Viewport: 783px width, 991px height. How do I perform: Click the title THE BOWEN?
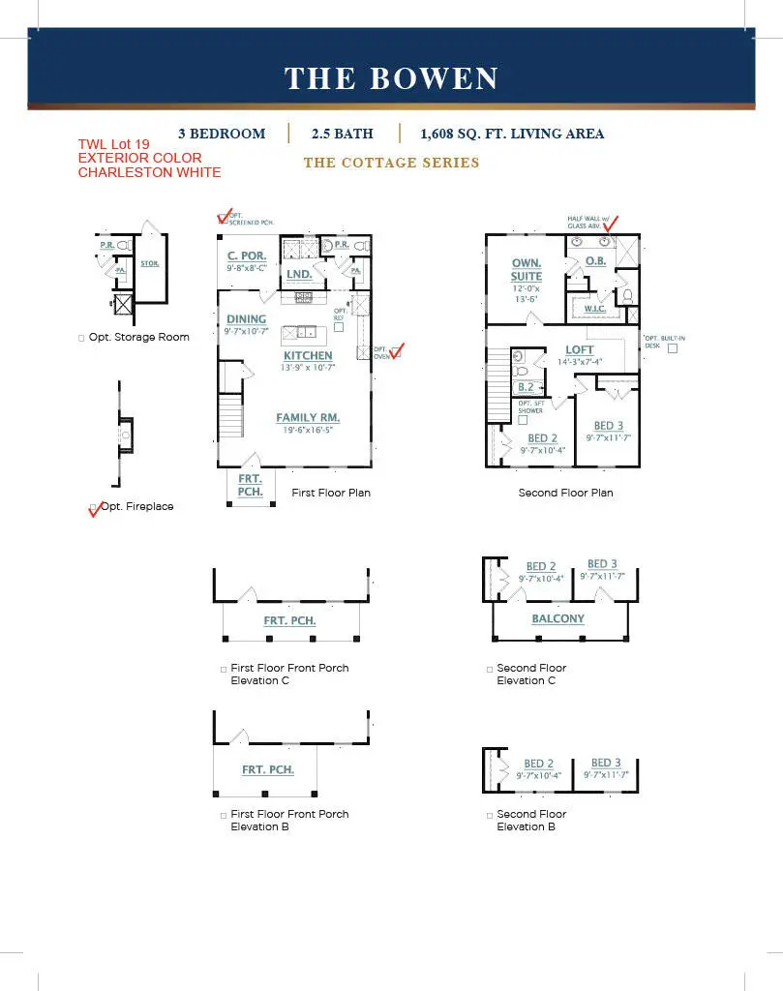[391, 78]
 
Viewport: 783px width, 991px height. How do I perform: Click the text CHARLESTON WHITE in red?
[149, 172]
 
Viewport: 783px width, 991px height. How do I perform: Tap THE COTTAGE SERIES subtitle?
[391, 163]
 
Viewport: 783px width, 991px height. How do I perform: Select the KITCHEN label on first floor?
[308, 356]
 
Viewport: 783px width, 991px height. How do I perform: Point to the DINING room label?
[246, 318]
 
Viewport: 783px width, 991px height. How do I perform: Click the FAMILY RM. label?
[308, 418]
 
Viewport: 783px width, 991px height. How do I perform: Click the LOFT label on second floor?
[580, 350]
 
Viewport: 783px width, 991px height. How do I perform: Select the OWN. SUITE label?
[527, 269]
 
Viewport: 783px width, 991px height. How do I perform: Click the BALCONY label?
[557, 618]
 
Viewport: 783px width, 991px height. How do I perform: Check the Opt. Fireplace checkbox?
[94, 507]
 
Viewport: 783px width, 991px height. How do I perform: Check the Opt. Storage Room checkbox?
[81, 338]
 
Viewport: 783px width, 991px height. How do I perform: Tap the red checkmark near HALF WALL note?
[610, 225]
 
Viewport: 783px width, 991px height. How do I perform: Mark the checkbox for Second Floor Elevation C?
[490, 669]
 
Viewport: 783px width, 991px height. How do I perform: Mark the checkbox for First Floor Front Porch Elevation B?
[224, 815]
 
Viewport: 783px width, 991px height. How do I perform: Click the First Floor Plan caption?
[331, 493]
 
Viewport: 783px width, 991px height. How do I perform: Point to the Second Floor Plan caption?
[565, 493]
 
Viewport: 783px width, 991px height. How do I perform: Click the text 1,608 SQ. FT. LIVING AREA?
[512, 134]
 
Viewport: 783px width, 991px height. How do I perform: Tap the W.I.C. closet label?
[593, 309]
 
